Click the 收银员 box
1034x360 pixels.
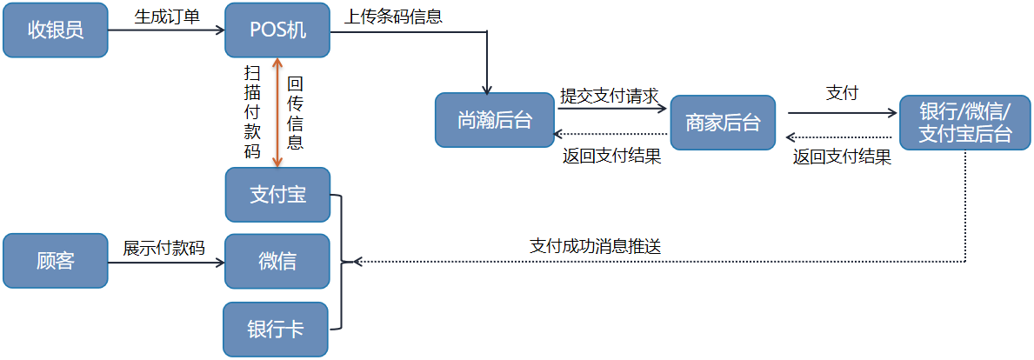point(55,30)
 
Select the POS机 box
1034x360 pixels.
point(277,30)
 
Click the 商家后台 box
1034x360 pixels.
point(723,123)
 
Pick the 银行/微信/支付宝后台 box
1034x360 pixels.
point(965,123)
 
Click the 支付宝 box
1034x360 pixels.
point(277,195)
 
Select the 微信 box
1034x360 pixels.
point(277,261)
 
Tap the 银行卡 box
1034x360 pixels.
point(276,329)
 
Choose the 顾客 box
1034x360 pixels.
point(55,261)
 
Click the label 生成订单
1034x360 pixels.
point(167,16)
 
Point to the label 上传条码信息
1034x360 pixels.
point(394,16)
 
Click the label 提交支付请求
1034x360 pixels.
point(609,95)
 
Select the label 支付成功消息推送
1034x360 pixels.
point(596,246)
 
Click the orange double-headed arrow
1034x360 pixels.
point(277,112)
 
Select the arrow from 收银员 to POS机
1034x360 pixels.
point(165,30)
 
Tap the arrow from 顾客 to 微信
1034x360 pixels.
point(165,261)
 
